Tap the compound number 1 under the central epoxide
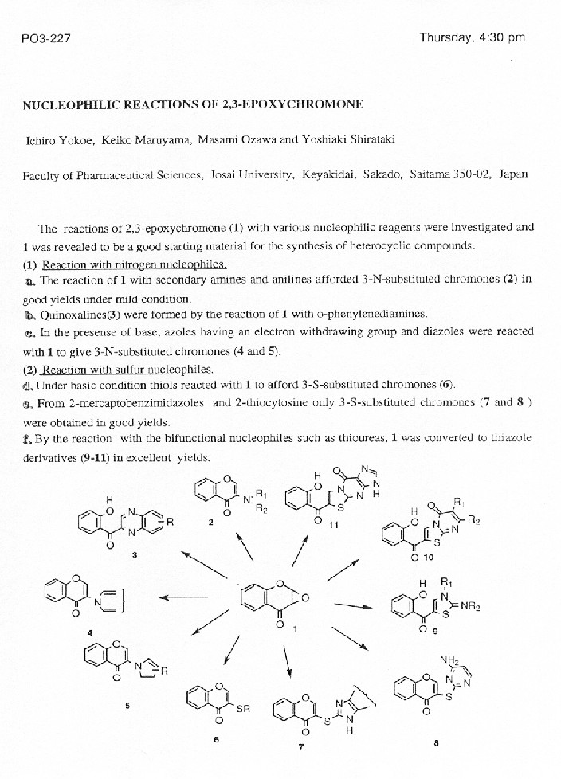pyautogui.click(x=295, y=629)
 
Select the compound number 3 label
pyautogui.click(x=135, y=555)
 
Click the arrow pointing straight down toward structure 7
pyautogui.click(x=286, y=659)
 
